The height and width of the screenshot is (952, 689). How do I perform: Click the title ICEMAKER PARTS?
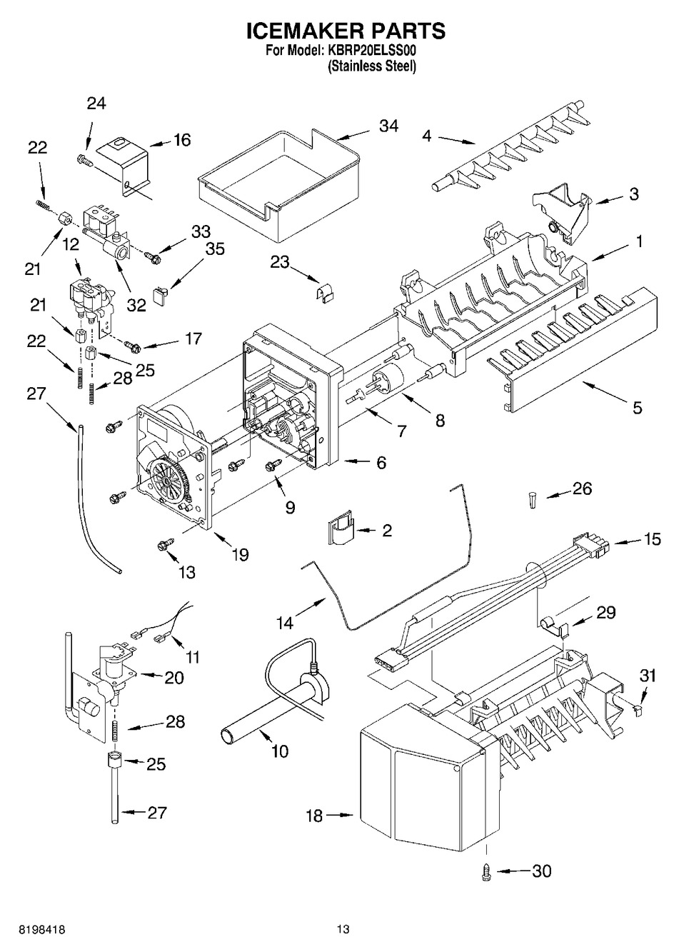coord(346,31)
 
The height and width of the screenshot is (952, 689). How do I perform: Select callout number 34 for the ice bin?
coord(388,126)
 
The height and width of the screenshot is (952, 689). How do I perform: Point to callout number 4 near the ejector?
coord(427,135)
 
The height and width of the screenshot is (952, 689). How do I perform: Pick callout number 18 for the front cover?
coord(315,815)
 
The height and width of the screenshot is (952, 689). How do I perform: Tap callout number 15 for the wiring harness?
coord(652,539)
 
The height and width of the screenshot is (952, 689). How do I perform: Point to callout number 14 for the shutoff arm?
coord(285,623)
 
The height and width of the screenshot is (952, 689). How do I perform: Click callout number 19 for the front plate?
coord(240,553)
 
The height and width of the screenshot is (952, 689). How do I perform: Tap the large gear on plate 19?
coord(167,481)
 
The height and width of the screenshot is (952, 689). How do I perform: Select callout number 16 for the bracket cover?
coord(182,139)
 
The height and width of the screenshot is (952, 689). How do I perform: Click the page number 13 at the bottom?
coord(344,929)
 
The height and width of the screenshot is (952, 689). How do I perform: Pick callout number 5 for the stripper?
coord(637,408)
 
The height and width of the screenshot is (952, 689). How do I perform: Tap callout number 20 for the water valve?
coord(174,678)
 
